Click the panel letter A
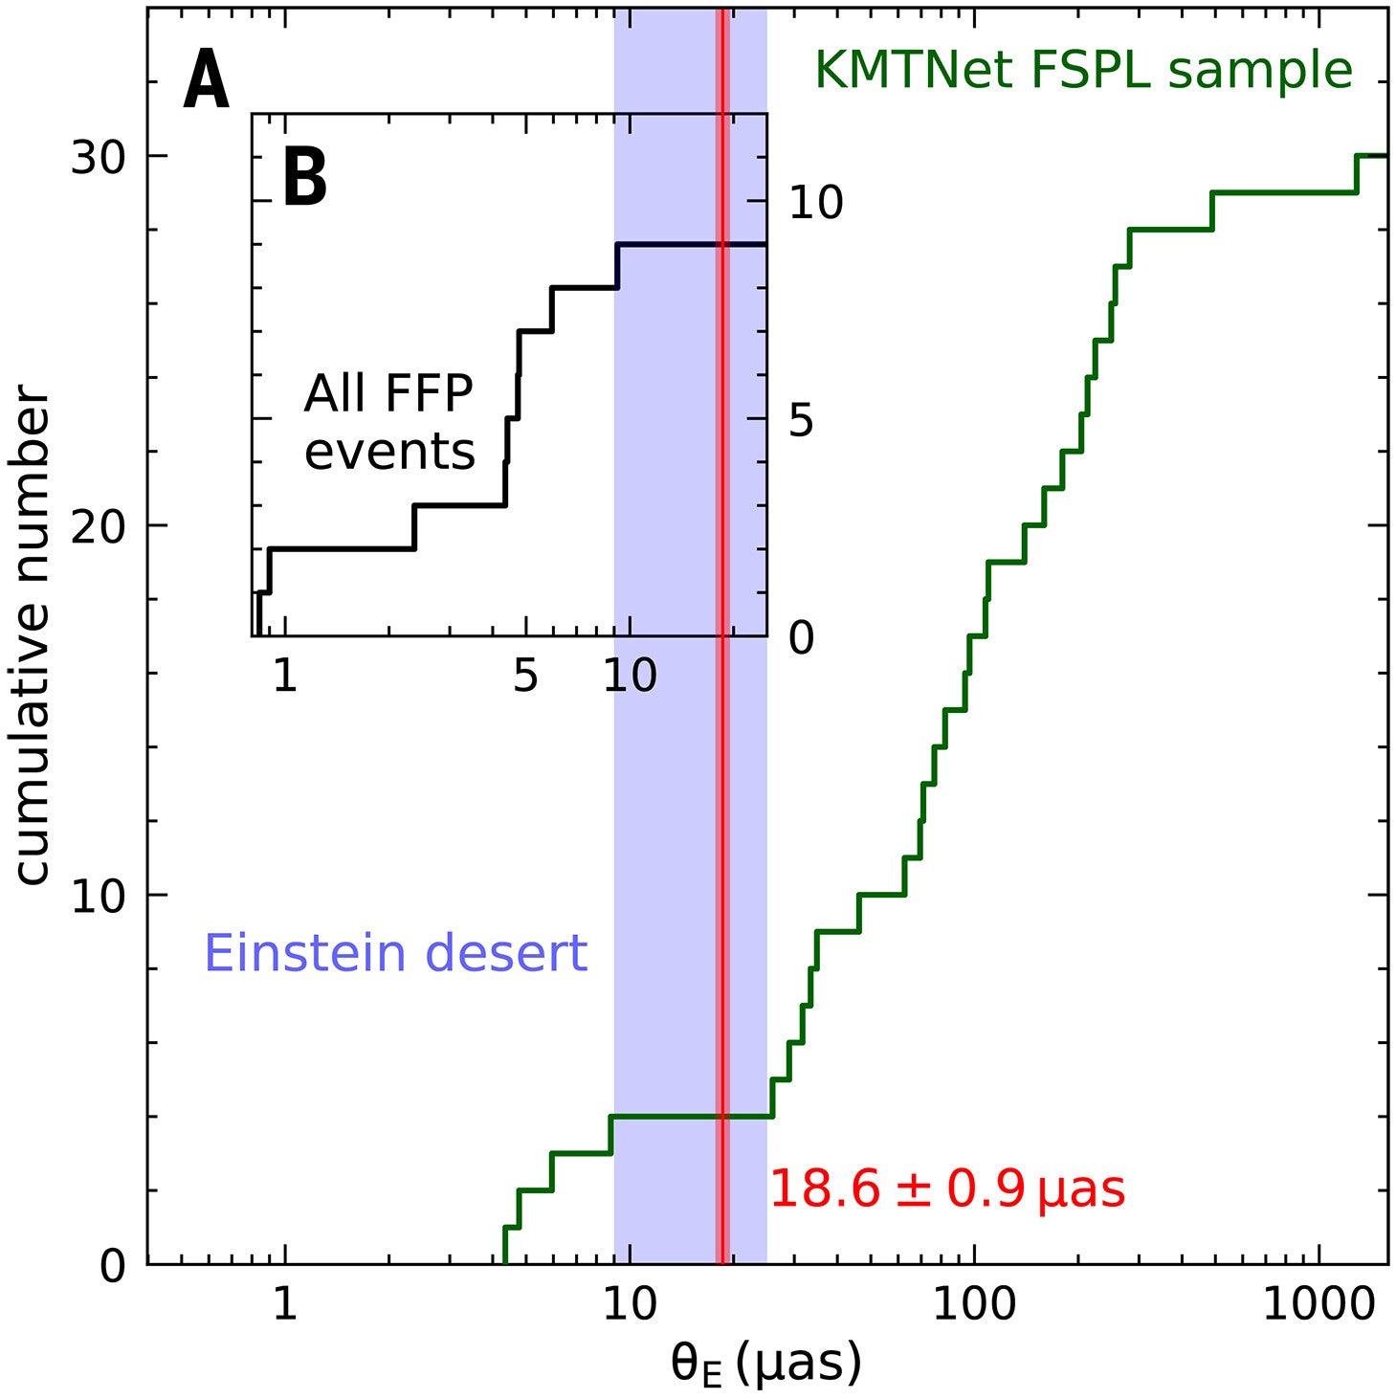tap(207, 81)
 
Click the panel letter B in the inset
tap(305, 178)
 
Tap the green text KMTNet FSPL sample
tap(1082, 71)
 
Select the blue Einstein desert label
tap(395, 954)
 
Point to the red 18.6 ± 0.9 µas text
tap(947, 1189)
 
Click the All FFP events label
tap(389, 422)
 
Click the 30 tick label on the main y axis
tap(99, 157)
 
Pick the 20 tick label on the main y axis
tap(99, 526)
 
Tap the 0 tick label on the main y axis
tap(113, 1266)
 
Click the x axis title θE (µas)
tap(765, 1364)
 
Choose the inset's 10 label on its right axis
tap(815, 202)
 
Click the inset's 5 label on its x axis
tap(525, 677)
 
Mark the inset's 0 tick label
tap(801, 637)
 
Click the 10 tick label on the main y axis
tap(99, 897)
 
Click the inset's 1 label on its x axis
tap(284, 677)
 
